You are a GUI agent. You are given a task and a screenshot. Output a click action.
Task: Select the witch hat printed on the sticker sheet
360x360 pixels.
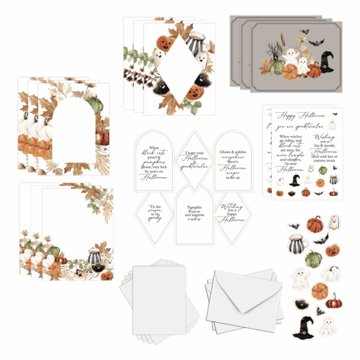coord(295,181)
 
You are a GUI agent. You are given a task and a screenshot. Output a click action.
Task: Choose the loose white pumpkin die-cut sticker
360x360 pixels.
coord(331,275)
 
